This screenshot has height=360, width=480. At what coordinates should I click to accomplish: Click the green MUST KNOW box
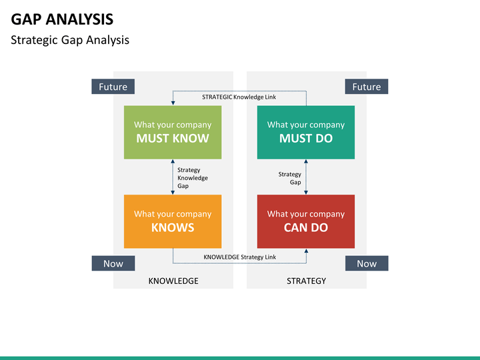coord(173,132)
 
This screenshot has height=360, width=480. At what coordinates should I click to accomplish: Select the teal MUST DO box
coord(306,132)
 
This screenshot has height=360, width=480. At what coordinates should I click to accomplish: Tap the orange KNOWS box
coord(173,221)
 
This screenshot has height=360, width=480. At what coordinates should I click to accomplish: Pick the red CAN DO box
coord(306,221)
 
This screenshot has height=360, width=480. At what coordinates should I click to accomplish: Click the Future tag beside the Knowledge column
coord(113,86)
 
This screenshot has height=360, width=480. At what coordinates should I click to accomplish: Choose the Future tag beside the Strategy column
coord(367,86)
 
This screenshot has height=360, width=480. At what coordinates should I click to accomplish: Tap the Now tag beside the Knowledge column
coord(113,263)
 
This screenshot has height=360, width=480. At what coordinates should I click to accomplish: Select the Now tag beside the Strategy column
coord(367,263)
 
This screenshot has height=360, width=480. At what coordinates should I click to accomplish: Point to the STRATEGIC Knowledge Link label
coord(239,97)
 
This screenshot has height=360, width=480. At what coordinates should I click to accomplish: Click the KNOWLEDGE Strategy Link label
coord(240,257)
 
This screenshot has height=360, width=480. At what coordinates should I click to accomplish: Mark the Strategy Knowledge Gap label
coord(193,178)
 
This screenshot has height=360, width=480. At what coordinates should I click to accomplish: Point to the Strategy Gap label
coord(289,178)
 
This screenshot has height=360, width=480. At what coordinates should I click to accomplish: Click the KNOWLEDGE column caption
coord(173,281)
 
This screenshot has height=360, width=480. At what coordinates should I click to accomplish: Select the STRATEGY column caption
coord(306,281)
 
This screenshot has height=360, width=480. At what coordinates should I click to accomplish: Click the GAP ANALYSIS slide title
coord(62,19)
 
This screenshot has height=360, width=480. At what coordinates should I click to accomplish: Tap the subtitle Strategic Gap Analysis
coord(70,40)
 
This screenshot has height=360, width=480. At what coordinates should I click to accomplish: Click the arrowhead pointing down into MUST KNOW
coord(173,103)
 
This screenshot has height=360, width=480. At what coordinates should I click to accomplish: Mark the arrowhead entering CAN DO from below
coord(306,251)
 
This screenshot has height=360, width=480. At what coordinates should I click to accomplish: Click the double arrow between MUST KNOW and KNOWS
coord(173,177)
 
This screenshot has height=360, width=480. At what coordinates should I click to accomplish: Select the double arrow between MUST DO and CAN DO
coord(306,177)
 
